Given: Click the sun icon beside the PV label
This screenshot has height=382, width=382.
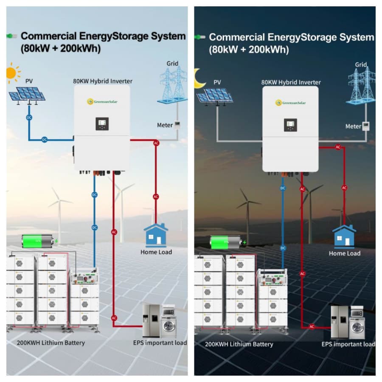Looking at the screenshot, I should pyautogui.click(x=12, y=73).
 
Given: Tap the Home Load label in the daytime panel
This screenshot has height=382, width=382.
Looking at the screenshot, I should pyautogui.click(x=156, y=252).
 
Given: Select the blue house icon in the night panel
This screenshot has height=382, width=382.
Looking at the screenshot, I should pyautogui.click(x=344, y=236).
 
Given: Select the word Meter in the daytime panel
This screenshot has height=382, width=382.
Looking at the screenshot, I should pyautogui.click(x=165, y=125).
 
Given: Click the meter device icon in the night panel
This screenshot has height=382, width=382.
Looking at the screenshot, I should pyautogui.click(x=365, y=126).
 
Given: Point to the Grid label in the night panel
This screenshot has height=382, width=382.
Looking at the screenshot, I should pyautogui.click(x=361, y=65).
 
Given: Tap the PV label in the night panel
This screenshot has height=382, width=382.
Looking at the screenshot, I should pyautogui.click(x=217, y=82).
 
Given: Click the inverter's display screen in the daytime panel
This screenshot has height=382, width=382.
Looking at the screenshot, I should pyautogui.click(x=102, y=124).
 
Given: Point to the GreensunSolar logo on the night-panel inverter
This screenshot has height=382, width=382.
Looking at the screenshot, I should pyautogui.click(x=291, y=102).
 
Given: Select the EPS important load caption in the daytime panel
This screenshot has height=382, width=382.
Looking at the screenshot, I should pyautogui.click(x=160, y=343).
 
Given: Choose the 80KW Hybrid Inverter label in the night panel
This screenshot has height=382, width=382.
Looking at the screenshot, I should pyautogui.click(x=291, y=82).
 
